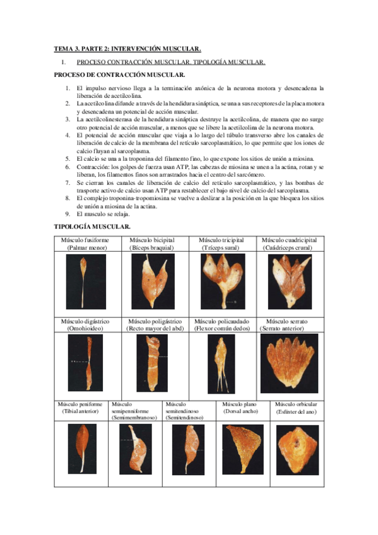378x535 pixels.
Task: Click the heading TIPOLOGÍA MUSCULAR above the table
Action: click(92, 226)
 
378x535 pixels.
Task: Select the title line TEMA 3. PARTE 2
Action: click(127, 49)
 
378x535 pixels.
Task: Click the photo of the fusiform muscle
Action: click(85, 281)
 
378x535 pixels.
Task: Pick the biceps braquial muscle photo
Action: click(152, 281)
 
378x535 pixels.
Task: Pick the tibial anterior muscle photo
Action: click(81, 449)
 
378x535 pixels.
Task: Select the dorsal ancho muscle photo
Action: click(244, 448)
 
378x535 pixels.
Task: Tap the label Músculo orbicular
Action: click(296, 404)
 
